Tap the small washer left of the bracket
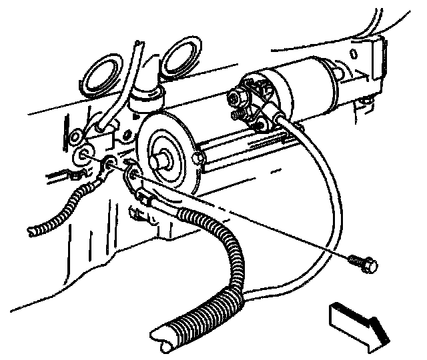[x=73, y=136]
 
